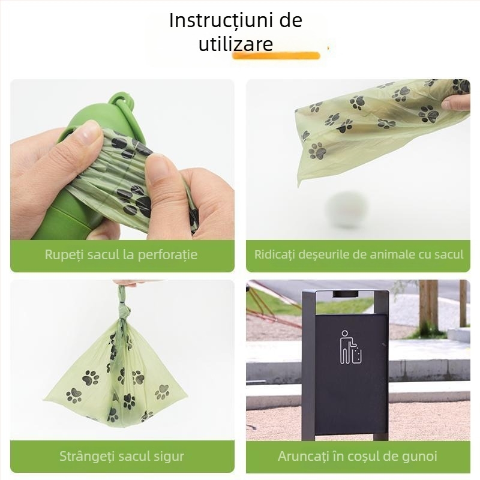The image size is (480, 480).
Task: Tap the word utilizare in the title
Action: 236,44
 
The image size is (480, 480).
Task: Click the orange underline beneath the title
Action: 276,55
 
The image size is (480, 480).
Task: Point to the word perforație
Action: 167,255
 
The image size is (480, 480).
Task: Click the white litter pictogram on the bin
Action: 351,347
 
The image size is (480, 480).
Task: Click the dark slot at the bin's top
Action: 346,294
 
